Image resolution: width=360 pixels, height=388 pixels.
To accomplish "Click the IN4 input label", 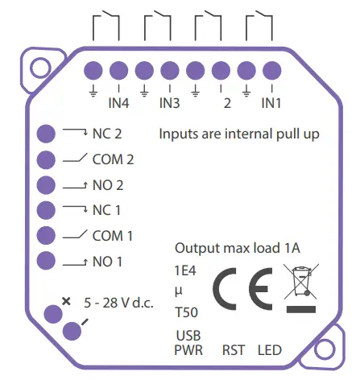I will click(118, 103).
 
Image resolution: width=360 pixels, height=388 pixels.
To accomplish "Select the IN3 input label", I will click(169, 103).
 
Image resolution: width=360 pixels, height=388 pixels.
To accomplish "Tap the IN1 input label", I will click(271, 103).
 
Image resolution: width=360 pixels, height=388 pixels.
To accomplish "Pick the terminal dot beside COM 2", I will click(47, 159).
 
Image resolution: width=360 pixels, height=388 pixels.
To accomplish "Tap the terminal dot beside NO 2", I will click(47, 185).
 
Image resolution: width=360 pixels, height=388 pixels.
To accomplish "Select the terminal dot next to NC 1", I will click(47, 210).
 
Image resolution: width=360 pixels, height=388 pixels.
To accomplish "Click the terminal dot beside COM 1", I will click(47, 236).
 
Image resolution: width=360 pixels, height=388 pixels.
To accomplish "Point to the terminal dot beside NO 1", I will click(47, 261).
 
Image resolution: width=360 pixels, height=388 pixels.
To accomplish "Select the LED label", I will click(270, 350).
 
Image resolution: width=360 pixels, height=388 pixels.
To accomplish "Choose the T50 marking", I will click(186, 311).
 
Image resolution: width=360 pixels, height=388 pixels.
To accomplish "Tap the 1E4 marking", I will click(185, 270).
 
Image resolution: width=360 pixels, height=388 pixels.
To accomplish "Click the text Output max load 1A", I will click(237, 248).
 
